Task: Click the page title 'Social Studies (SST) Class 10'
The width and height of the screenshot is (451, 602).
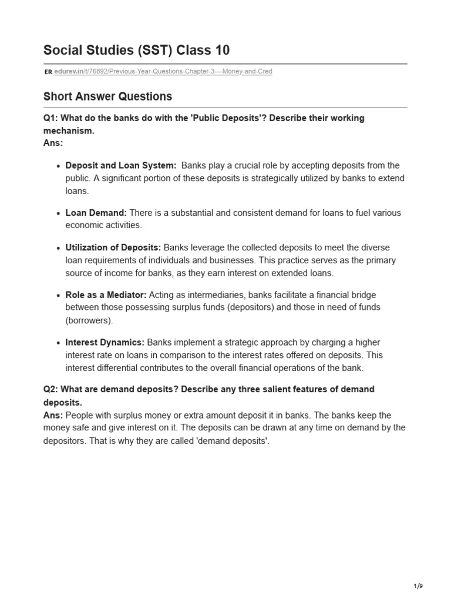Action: pyautogui.click(x=136, y=51)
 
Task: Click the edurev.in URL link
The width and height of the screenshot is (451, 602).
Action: pyautogui.click(x=163, y=72)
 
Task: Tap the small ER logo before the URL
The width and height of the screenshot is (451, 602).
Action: pyautogui.click(x=48, y=72)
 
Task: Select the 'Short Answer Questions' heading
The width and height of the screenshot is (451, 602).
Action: pyautogui.click(x=107, y=96)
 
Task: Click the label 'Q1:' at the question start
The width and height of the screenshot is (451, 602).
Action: pyautogui.click(x=52, y=118)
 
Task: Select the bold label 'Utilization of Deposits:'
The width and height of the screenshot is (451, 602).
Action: pyautogui.click(x=113, y=248)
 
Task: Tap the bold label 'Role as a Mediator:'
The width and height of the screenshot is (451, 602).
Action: pyautogui.click(x=106, y=295)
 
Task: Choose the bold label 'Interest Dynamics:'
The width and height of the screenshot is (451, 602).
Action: pyautogui.click(x=105, y=342)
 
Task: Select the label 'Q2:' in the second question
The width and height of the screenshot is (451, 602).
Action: pyautogui.click(x=52, y=390)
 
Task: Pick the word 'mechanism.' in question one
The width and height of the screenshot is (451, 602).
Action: pyautogui.click(x=69, y=131)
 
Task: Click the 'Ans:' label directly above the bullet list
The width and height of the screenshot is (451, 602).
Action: pyautogui.click(x=53, y=142)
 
